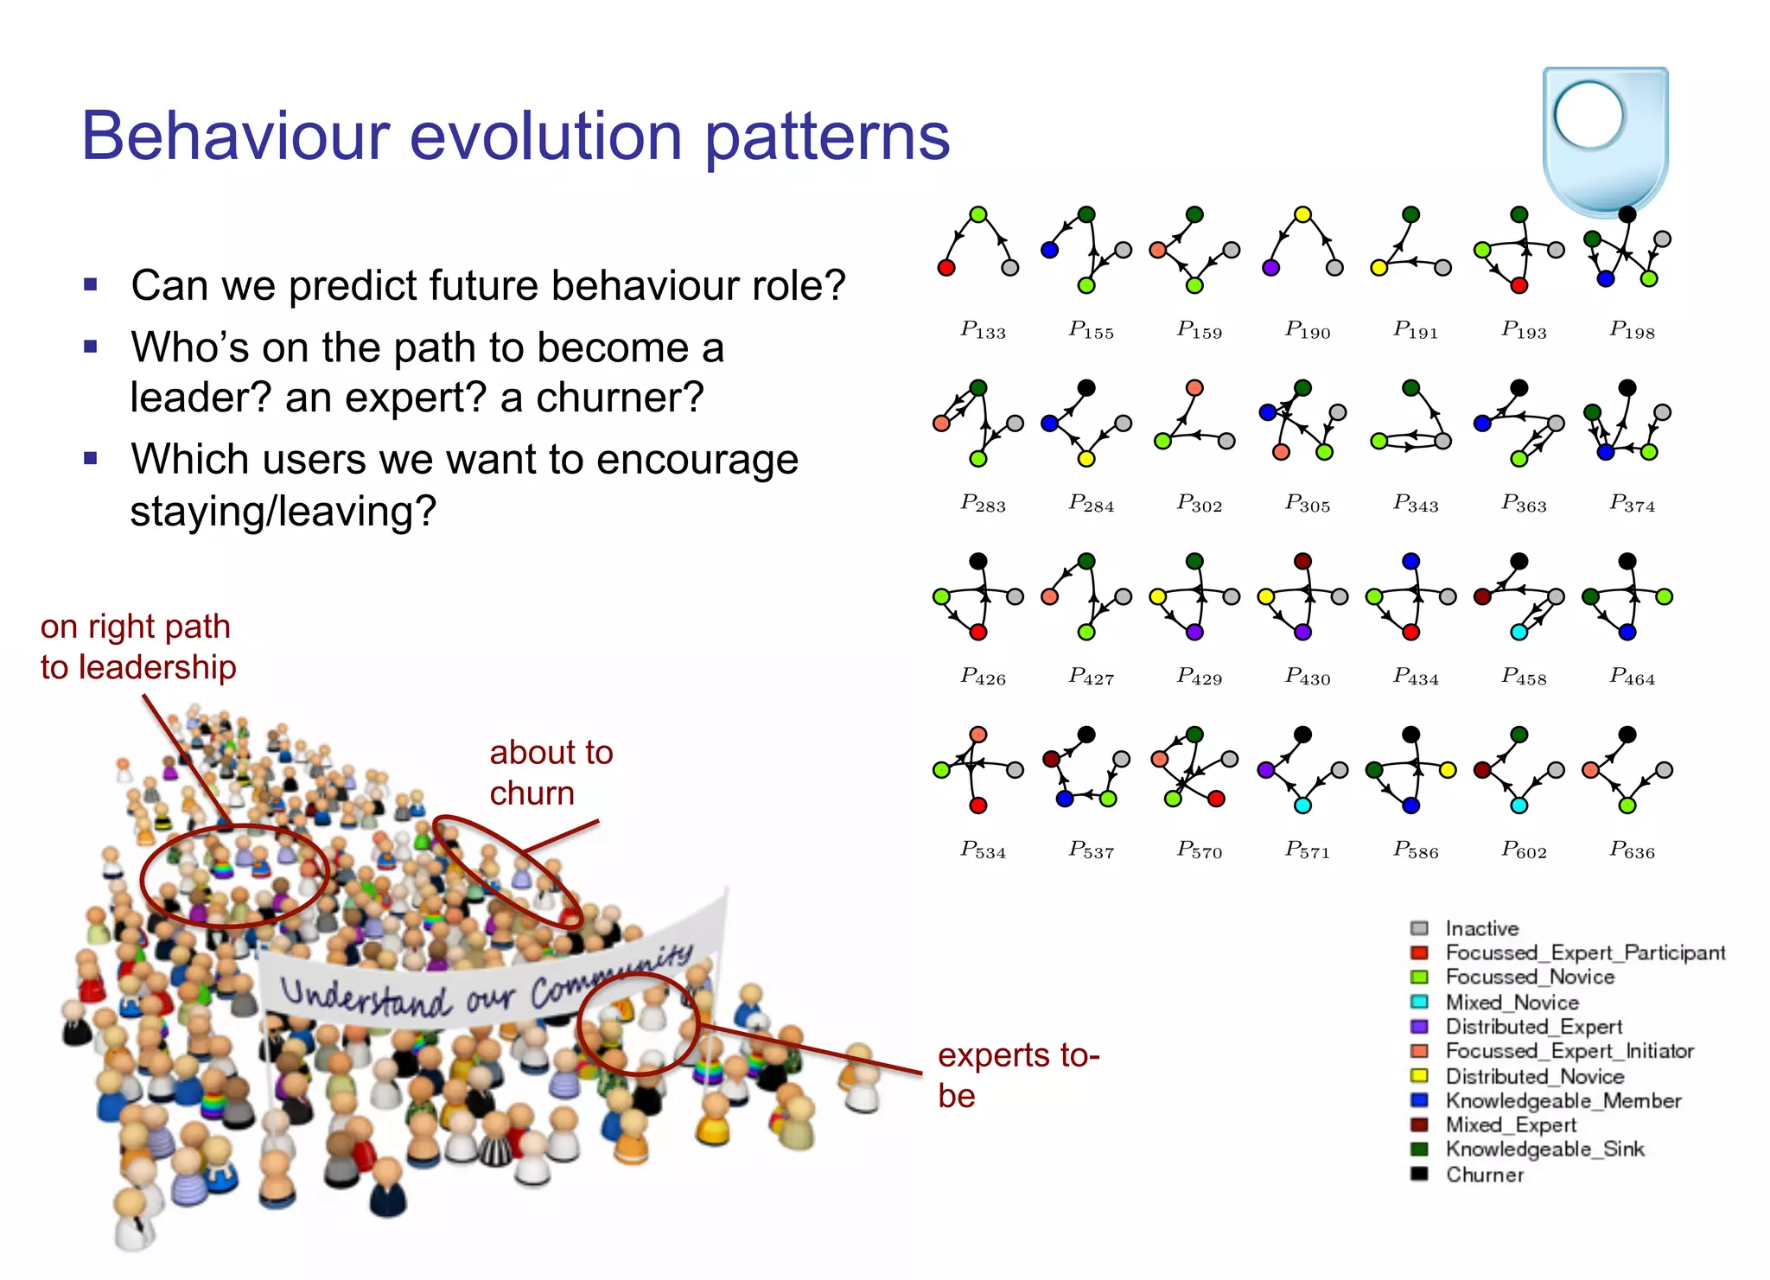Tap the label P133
983,330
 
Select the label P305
1307,504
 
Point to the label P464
1631,677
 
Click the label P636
1631,850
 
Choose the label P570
1199,850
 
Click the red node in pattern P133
946,267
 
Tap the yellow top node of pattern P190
1302,214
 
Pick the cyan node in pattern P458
1519,632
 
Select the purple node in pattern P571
1266,769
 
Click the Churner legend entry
1484,1175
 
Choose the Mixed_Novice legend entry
1512,1002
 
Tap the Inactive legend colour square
1419,928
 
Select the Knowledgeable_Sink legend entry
1544,1149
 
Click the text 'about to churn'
551,773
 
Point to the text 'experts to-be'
1017,1075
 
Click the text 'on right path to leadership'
137,646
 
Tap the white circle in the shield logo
1589,116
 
